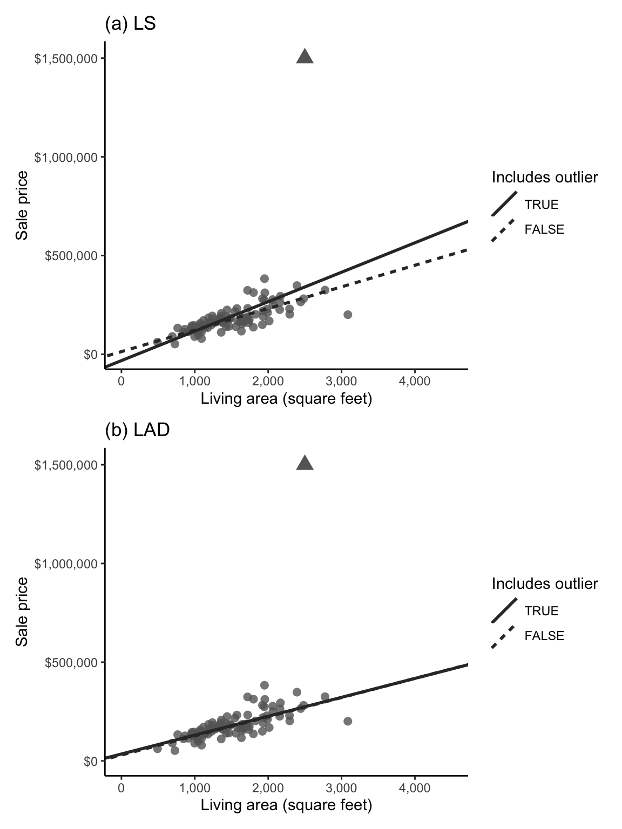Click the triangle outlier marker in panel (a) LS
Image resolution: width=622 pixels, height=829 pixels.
(x=305, y=57)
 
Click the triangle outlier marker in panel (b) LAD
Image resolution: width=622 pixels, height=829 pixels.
(x=305, y=464)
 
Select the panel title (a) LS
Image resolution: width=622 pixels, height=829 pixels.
(x=130, y=24)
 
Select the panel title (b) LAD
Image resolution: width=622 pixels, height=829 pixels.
(x=137, y=431)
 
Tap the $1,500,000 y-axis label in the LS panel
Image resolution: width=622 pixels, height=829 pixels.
(x=66, y=59)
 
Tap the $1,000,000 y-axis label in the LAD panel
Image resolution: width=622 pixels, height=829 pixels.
(x=66, y=564)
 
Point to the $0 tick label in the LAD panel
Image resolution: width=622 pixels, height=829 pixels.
(x=90, y=761)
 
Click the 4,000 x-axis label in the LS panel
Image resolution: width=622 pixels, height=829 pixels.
(x=415, y=382)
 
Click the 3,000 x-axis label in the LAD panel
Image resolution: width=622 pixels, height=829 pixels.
(x=341, y=788)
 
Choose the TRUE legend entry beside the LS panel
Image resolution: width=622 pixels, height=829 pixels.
(x=542, y=205)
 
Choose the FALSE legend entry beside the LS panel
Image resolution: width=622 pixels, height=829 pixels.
(x=544, y=230)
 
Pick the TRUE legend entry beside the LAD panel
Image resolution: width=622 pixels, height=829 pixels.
(x=542, y=611)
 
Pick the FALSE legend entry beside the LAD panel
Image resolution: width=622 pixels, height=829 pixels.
(x=544, y=636)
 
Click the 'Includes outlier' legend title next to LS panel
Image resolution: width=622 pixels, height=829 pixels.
(x=545, y=178)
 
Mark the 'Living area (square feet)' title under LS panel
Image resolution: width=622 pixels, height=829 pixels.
(x=286, y=399)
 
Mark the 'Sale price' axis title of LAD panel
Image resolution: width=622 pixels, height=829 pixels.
(x=22, y=611)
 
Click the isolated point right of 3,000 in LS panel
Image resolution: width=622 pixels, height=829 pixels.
(x=348, y=315)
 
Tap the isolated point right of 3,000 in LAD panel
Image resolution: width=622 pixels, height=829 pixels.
(x=348, y=721)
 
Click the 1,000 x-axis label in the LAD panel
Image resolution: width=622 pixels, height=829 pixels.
(x=194, y=788)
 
